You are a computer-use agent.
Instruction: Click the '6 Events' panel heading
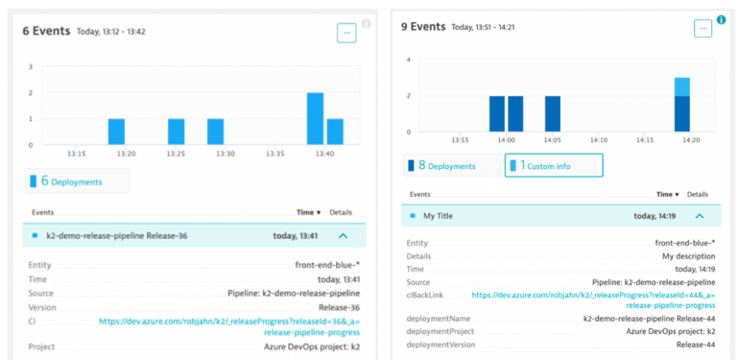[46, 31]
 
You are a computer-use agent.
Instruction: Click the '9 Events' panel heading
[422, 27]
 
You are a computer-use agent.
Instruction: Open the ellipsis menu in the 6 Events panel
[346, 33]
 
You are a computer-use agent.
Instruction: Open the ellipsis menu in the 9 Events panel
[703, 29]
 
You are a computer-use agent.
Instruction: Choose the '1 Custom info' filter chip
[554, 166]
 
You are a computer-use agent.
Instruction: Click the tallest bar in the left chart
[315, 118]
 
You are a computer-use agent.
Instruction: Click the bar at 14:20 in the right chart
[681, 106]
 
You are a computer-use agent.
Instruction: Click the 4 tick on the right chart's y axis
[409, 60]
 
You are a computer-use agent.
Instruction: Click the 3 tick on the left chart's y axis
[31, 67]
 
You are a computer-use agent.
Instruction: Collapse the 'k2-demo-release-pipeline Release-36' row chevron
[344, 233]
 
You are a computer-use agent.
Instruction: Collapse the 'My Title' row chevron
[700, 217]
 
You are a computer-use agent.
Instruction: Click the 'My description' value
[688, 256]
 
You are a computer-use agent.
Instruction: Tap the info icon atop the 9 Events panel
[721, 19]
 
